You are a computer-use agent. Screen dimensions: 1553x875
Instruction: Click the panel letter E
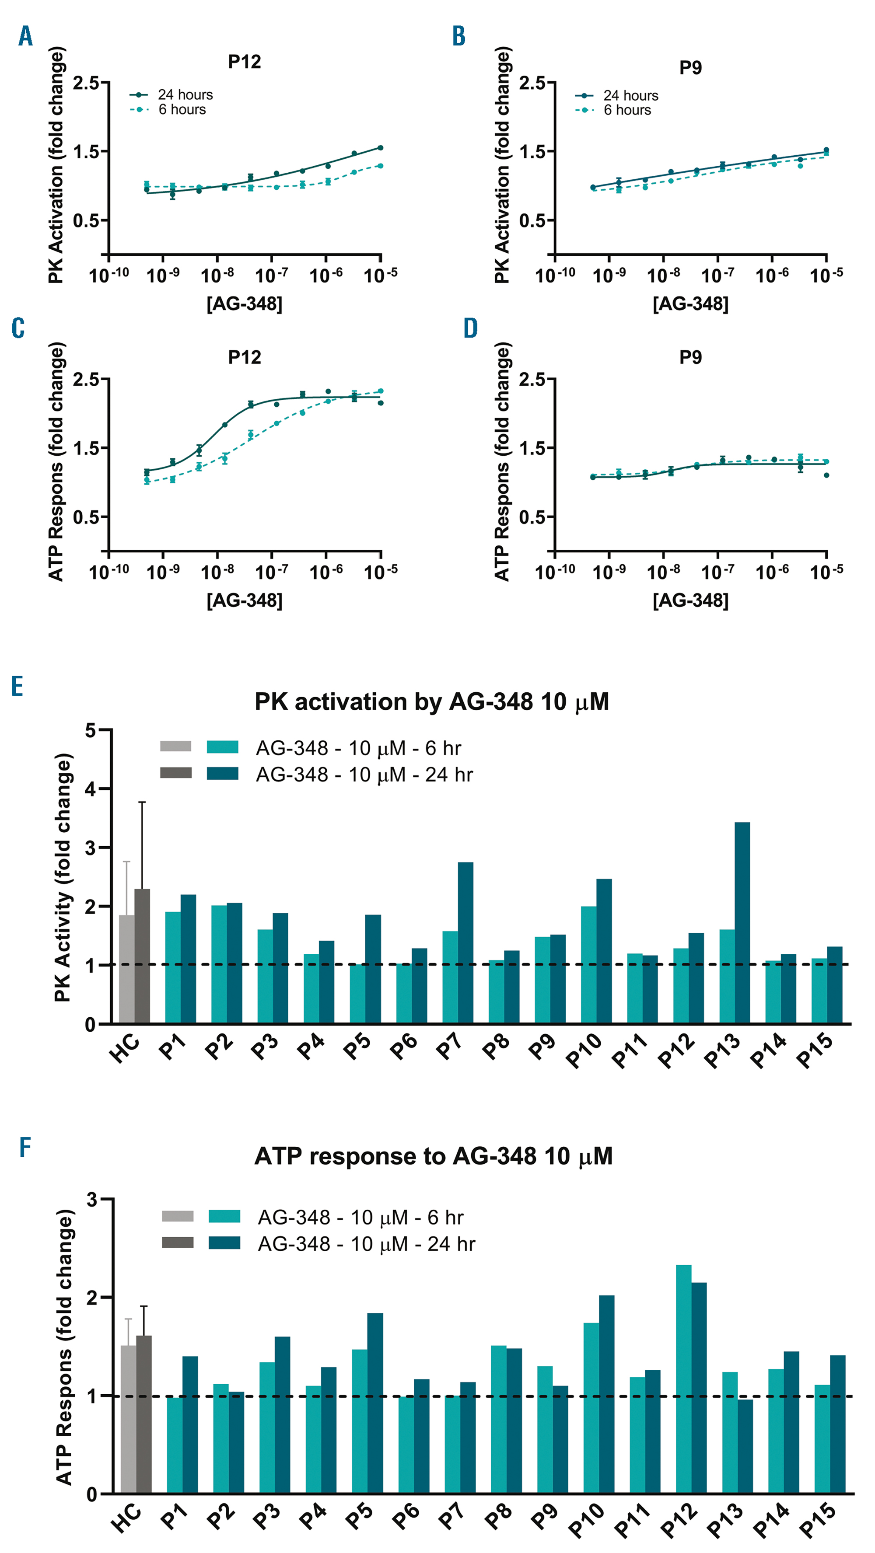pos(17,686)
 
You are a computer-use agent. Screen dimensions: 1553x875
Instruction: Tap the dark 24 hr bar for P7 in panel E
pos(465,943)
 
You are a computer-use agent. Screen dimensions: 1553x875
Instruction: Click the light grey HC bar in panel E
pos(126,970)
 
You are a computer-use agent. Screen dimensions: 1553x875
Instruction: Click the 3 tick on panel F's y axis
pos(92,1200)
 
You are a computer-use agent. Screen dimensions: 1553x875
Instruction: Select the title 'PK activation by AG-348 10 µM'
pos(432,702)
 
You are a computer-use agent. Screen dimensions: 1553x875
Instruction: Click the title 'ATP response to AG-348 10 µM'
pos(433,1156)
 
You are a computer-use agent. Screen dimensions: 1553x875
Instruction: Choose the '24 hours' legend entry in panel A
pos(185,94)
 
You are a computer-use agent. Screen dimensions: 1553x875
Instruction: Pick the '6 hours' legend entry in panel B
pos(627,110)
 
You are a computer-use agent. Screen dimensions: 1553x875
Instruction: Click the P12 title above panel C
pos(244,357)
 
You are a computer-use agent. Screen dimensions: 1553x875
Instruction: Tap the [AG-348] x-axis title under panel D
pos(690,600)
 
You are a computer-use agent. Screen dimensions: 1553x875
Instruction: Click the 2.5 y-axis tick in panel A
pos(86,83)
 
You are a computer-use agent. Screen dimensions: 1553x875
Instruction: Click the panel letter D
pos(470,328)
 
